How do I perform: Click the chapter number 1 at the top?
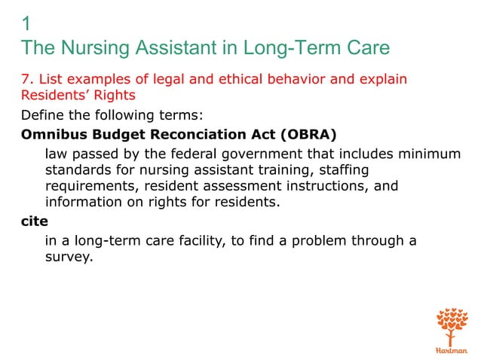[x=27, y=23]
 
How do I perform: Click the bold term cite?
[x=34, y=223]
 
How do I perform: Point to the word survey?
[x=68, y=258]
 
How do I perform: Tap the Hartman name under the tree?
[x=452, y=351]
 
